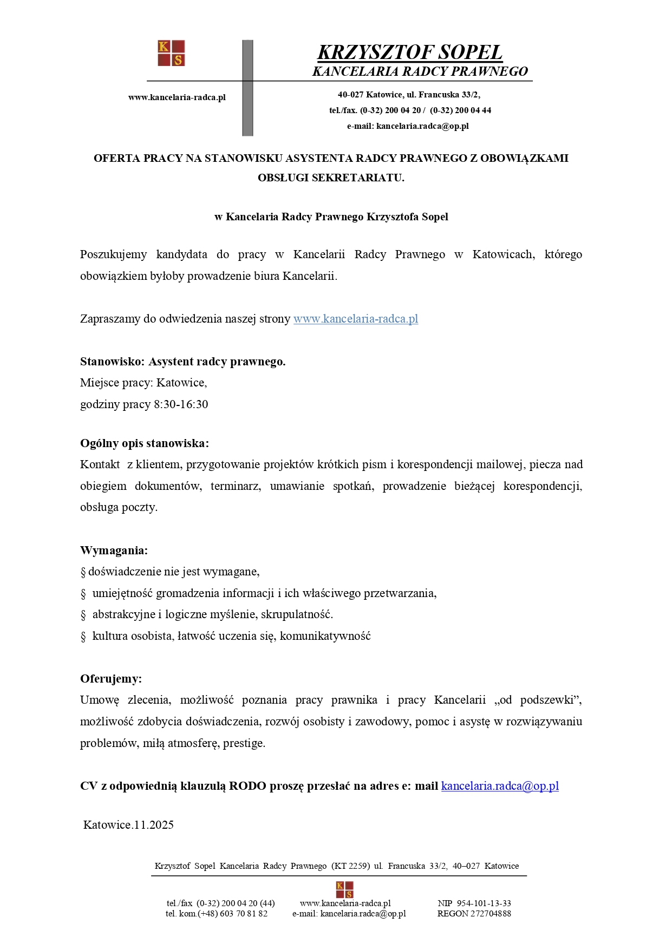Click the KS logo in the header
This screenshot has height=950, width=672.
click(x=171, y=53)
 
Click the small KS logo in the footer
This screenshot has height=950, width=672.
click(x=344, y=889)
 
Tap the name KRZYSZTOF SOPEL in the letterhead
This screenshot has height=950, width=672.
click(x=409, y=53)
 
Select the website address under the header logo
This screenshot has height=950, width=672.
click(x=177, y=97)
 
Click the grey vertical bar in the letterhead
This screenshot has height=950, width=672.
click(x=247, y=88)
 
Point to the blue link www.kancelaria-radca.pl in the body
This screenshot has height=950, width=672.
click(x=355, y=319)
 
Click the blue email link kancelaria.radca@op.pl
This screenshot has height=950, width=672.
click(x=500, y=786)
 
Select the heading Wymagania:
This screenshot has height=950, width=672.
click(x=114, y=551)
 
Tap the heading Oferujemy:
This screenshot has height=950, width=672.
click(x=111, y=679)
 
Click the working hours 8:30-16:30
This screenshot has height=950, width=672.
click(x=181, y=404)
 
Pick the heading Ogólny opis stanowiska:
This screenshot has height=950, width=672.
click(x=144, y=443)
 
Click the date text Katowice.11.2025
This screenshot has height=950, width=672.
click(x=128, y=825)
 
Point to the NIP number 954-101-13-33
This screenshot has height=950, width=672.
click(x=484, y=903)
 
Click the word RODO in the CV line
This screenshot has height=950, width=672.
click(x=247, y=786)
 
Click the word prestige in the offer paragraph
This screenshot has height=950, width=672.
click(x=243, y=743)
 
